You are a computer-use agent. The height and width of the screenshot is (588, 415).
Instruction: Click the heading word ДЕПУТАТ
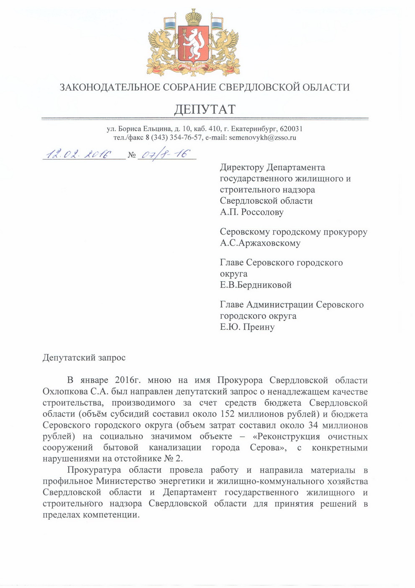point(205,109)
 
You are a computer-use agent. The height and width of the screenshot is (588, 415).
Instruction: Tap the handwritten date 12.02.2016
point(77,154)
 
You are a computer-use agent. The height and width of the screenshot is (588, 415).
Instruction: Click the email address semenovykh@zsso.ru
point(263,137)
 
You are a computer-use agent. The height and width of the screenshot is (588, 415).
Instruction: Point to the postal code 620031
point(291,129)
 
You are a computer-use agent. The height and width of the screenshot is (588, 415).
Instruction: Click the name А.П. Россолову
point(252,212)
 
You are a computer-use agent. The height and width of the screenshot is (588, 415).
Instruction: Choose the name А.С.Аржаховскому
point(260,243)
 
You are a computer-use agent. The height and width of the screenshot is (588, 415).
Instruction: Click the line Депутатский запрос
point(84,358)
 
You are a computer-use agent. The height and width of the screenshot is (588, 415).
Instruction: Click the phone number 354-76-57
point(184,137)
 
